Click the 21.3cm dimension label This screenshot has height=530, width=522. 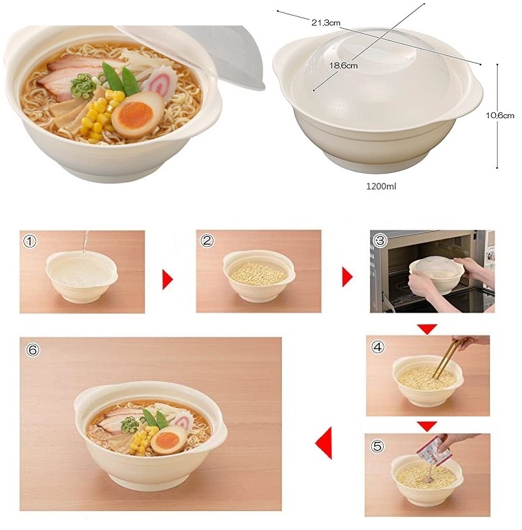[326, 23]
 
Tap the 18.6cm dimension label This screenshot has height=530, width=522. [343, 65]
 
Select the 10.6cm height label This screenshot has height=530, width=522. [500, 116]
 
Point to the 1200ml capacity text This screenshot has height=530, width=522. [381, 186]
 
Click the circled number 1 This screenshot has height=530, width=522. [30, 242]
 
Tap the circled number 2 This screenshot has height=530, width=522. [206, 241]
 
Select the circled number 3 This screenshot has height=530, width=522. [380, 240]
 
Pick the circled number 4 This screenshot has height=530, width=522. [378, 347]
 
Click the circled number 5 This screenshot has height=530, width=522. [376, 446]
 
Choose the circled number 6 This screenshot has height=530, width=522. [33, 350]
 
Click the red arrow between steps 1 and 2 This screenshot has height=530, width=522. [167, 279]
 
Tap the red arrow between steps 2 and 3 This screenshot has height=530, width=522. [347, 277]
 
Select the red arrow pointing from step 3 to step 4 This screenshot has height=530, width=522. [427, 329]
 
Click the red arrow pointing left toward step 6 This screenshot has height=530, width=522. [324, 443]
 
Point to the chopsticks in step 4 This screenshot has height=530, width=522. [444, 358]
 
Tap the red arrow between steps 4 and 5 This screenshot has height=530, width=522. [427, 426]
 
